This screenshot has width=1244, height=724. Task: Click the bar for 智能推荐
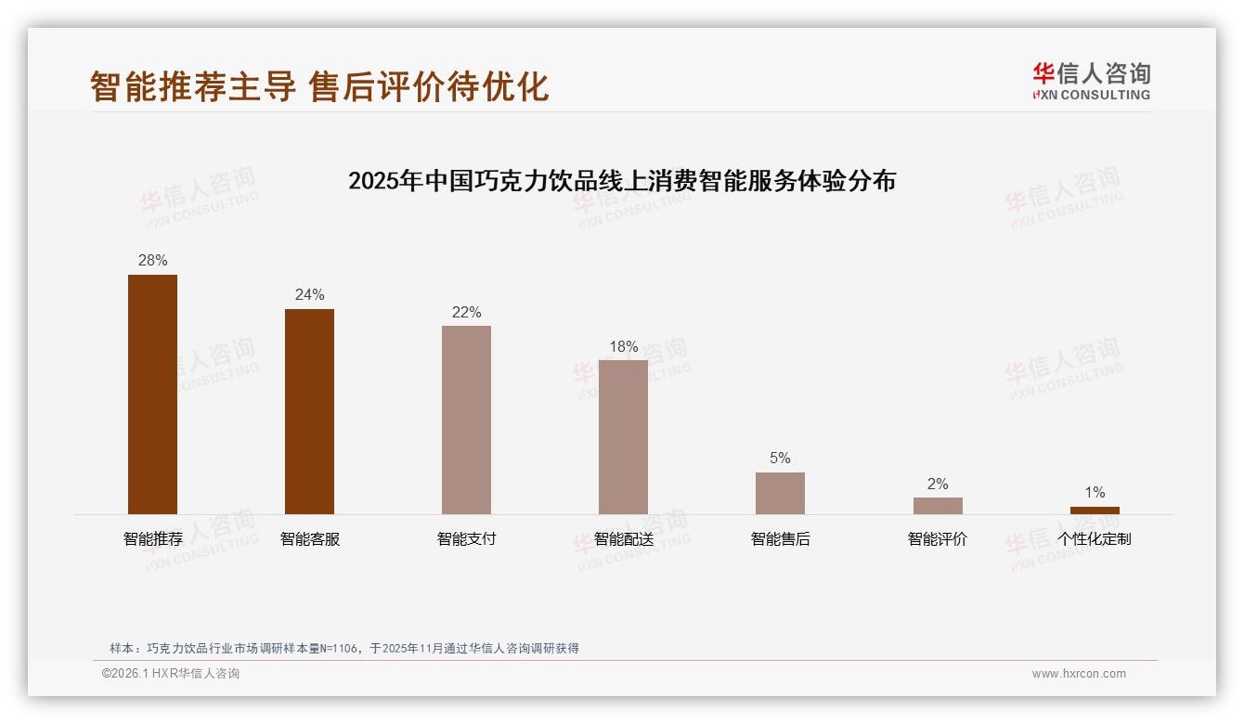click(x=152, y=394)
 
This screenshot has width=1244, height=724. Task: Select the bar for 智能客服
click(x=309, y=411)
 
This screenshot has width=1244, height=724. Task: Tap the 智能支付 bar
click(x=466, y=420)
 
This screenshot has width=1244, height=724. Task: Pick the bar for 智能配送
click(x=623, y=437)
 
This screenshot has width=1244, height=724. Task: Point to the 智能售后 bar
click(x=780, y=493)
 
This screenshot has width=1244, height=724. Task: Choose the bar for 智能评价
click(x=938, y=506)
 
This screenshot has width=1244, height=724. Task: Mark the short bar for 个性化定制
click(x=1095, y=511)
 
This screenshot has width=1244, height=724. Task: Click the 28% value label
click(x=152, y=261)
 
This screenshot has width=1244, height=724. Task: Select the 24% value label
click(x=309, y=295)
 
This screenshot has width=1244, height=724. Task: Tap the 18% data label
click(x=623, y=347)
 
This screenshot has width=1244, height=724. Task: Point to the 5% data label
click(x=780, y=459)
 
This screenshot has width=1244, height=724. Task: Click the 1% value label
click(x=1095, y=493)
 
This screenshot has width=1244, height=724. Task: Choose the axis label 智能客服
click(x=310, y=539)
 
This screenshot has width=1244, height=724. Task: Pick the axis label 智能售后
click(x=781, y=539)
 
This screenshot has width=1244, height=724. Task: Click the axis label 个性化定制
click(x=1095, y=539)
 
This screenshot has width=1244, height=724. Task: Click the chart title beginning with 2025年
click(x=622, y=181)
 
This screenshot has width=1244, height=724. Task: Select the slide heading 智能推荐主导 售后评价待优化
click(x=319, y=86)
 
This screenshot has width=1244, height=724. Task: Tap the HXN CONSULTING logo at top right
click(x=1091, y=82)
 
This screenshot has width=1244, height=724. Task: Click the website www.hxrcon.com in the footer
click(x=1079, y=674)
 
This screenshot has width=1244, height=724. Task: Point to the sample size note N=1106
click(x=344, y=649)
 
